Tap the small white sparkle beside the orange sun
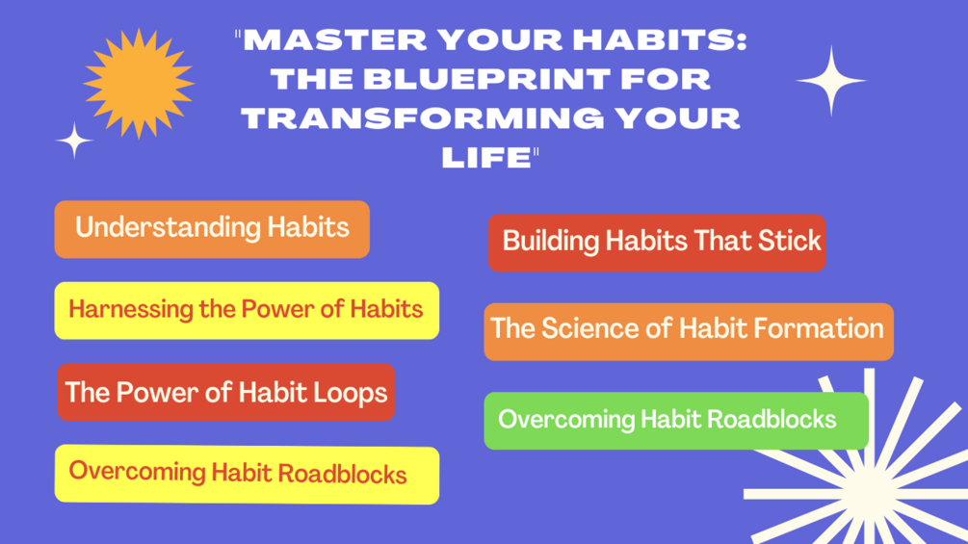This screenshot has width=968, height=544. point(74,141)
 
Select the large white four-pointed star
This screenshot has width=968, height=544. point(831,81)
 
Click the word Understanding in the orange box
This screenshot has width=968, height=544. point(155,228)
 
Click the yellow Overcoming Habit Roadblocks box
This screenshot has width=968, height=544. point(247,474)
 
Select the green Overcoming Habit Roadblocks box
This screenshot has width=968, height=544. point(675,420)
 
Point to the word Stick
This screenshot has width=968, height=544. point(788,241)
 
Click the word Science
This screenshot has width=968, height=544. point(589,328)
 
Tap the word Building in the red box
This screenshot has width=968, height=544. point(551,241)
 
